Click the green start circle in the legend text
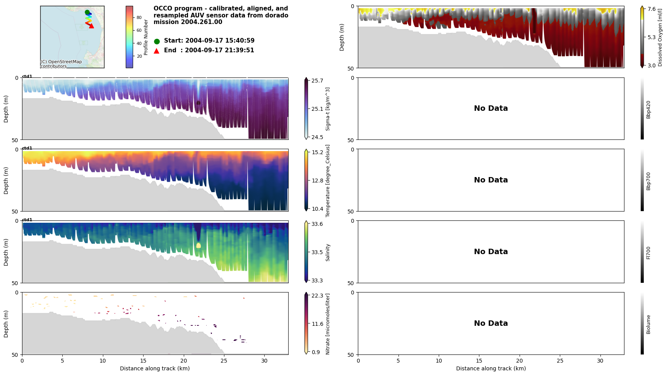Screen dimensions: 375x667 pos(157,41)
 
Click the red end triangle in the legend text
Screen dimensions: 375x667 pos(157,51)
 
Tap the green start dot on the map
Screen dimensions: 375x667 pos(87,12)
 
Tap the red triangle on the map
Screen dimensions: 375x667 pos(91,26)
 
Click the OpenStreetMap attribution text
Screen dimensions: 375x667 pos(61,64)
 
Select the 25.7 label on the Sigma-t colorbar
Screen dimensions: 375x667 pos(317,81)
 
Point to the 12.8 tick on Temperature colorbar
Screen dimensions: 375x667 pos(317,181)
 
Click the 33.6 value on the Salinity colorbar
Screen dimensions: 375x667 pos(317,224)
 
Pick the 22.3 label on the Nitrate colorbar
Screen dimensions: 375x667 pos(317,296)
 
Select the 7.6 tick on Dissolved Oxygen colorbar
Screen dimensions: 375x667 pos(652,9)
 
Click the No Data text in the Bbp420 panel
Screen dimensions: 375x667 pos(491,108)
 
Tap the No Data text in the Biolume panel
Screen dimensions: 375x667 pos(491,323)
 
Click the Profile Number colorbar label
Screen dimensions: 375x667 pos(146,37)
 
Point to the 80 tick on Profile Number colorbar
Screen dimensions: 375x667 pos(139,17)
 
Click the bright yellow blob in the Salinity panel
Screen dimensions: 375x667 pos(198,246)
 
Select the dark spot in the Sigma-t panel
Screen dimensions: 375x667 pos(198,103)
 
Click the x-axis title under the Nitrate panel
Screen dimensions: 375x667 pos(155,368)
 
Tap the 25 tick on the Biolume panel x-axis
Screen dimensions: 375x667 pos(560,361)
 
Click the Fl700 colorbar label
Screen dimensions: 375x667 pos(648,253)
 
